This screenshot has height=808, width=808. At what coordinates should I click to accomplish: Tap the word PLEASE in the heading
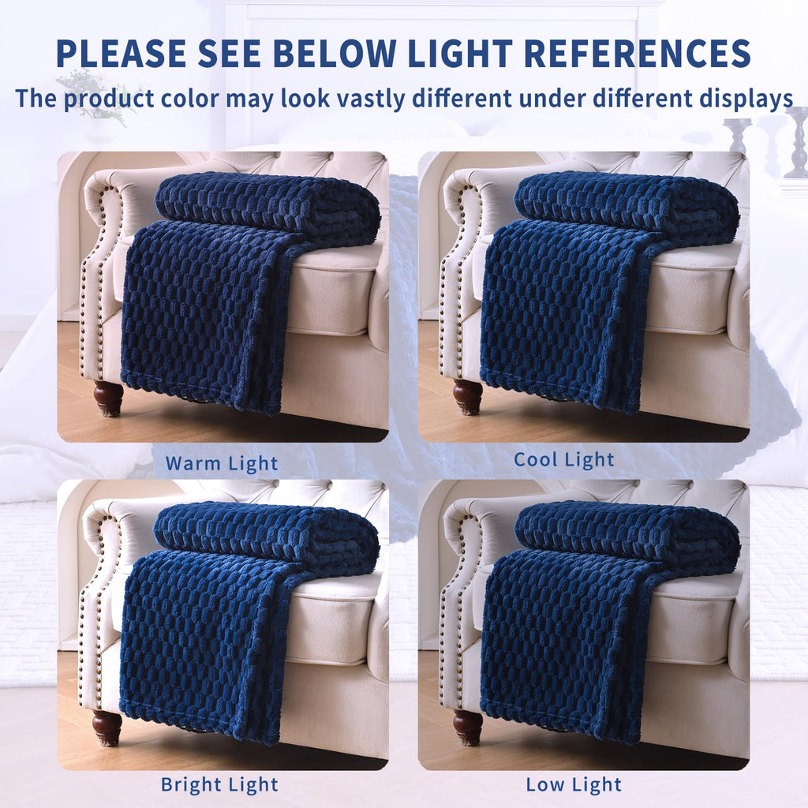click(x=122, y=53)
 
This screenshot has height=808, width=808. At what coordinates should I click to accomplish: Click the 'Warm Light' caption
click(x=222, y=463)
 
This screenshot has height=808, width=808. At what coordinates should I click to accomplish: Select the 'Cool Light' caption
click(x=564, y=460)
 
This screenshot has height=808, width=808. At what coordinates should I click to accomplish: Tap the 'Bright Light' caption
click(x=219, y=785)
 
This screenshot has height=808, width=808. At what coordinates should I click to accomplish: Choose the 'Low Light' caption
click(x=574, y=785)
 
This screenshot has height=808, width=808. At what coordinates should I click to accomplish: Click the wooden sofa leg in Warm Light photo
click(x=108, y=398)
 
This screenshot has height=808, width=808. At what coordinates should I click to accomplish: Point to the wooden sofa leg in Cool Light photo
click(x=468, y=396)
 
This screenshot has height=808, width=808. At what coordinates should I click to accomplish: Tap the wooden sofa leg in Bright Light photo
click(x=107, y=727)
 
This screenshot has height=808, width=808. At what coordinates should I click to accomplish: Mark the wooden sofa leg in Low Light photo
click(x=468, y=727)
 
